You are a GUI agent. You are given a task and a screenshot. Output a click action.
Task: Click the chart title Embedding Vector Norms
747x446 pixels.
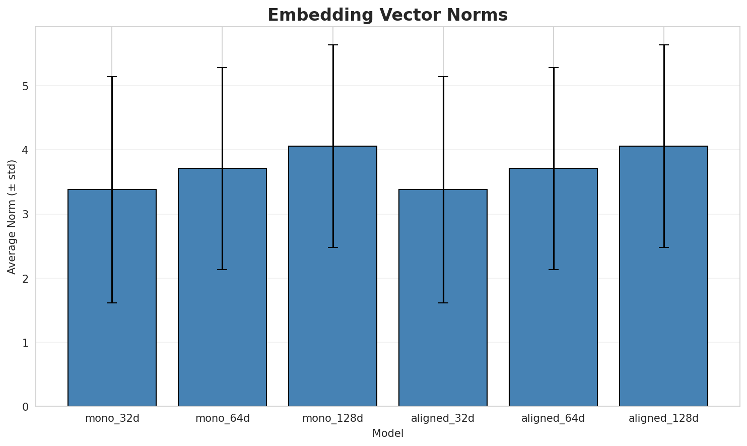click(x=387, y=15)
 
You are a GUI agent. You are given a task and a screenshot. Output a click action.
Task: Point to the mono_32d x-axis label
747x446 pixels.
click(x=112, y=418)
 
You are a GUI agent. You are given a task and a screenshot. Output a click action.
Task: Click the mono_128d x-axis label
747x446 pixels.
click(x=332, y=418)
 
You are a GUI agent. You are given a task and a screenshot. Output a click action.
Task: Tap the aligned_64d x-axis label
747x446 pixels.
click(x=553, y=418)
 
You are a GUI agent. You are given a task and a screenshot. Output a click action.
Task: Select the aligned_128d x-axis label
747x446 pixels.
click(x=663, y=418)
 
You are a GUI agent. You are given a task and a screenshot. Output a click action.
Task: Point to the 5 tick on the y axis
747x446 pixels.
click(x=25, y=86)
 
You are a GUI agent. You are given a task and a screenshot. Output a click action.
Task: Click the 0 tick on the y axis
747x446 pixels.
click(x=25, y=407)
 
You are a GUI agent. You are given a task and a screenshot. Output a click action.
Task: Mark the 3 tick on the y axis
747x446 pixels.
click(x=25, y=214)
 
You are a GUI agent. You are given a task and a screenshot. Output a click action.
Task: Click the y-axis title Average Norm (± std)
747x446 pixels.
click(x=12, y=217)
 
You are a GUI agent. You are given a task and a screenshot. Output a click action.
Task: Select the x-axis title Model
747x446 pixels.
click(x=387, y=433)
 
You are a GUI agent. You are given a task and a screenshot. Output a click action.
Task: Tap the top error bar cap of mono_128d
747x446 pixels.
click(x=332, y=45)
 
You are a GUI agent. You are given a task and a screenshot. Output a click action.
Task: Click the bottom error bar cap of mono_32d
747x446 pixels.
click(x=112, y=303)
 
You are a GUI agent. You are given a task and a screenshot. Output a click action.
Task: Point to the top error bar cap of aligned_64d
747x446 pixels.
click(x=553, y=68)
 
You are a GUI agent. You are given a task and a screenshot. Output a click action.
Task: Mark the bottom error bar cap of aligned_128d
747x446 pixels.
click(x=663, y=247)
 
